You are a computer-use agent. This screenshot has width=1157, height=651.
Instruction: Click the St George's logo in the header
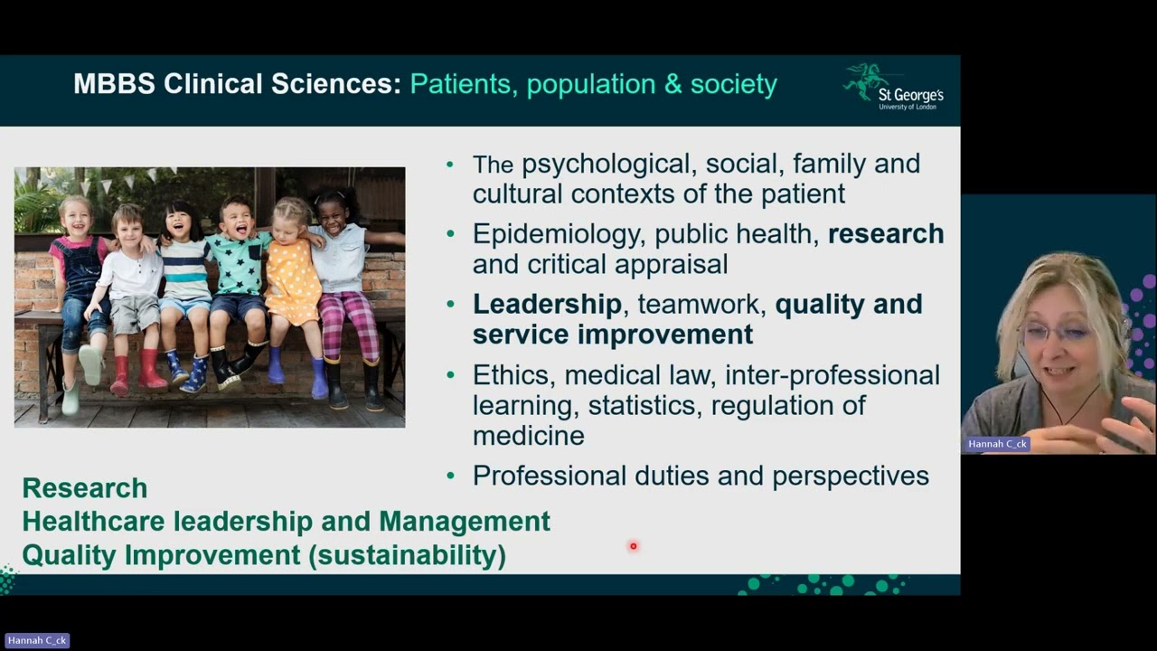pyautogui.click(x=893, y=88)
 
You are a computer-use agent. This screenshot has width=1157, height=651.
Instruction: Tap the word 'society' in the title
pyautogui.click(x=733, y=84)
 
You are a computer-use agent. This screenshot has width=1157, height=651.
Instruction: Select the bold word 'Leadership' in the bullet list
pyautogui.click(x=547, y=304)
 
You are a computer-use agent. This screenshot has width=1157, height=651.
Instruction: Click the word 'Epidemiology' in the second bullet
pyautogui.click(x=554, y=233)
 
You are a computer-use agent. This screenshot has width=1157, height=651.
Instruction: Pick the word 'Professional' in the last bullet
pyautogui.click(x=550, y=476)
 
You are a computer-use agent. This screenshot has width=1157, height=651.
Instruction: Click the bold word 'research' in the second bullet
pyautogui.click(x=886, y=233)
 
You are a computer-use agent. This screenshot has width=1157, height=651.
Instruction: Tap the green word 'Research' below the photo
pyautogui.click(x=85, y=487)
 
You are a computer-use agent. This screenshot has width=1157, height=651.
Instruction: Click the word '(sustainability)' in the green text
pyautogui.click(x=407, y=554)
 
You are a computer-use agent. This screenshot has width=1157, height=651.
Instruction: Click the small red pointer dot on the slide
pyautogui.click(x=634, y=546)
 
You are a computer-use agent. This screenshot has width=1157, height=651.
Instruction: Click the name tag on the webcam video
pyautogui.click(x=998, y=444)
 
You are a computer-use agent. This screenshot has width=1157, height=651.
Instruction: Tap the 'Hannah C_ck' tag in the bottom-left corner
pyautogui.click(x=37, y=640)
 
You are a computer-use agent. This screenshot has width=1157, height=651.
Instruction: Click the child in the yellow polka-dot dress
pyautogui.click(x=291, y=280)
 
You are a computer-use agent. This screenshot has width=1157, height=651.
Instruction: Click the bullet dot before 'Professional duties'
pyautogui.click(x=451, y=476)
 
